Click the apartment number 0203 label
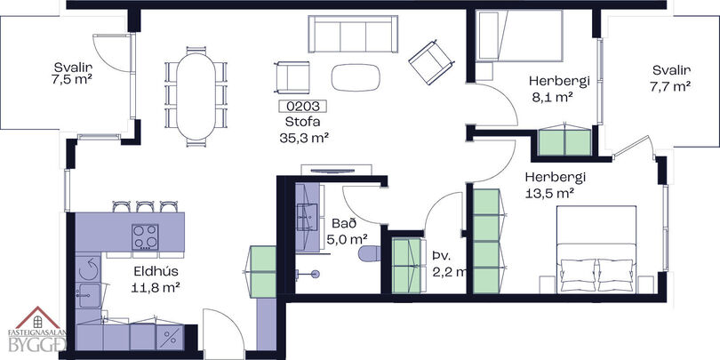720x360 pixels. (x=302, y=106)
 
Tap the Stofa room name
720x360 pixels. (x=302, y=122)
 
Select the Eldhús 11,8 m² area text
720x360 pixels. (x=156, y=279)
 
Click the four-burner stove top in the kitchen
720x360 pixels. (x=145, y=237)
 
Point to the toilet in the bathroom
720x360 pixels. (x=370, y=253)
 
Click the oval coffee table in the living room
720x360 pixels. (x=356, y=77)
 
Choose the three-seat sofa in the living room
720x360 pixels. (x=353, y=34)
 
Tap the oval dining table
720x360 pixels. (x=196, y=96)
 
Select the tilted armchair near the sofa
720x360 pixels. (x=432, y=62)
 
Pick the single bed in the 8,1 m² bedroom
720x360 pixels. (x=519, y=36)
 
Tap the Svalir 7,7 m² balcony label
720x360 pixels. (x=671, y=78)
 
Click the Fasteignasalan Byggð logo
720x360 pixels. (x=37, y=329)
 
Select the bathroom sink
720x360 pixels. (x=306, y=217)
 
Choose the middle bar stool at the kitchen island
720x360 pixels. (x=145, y=206)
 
